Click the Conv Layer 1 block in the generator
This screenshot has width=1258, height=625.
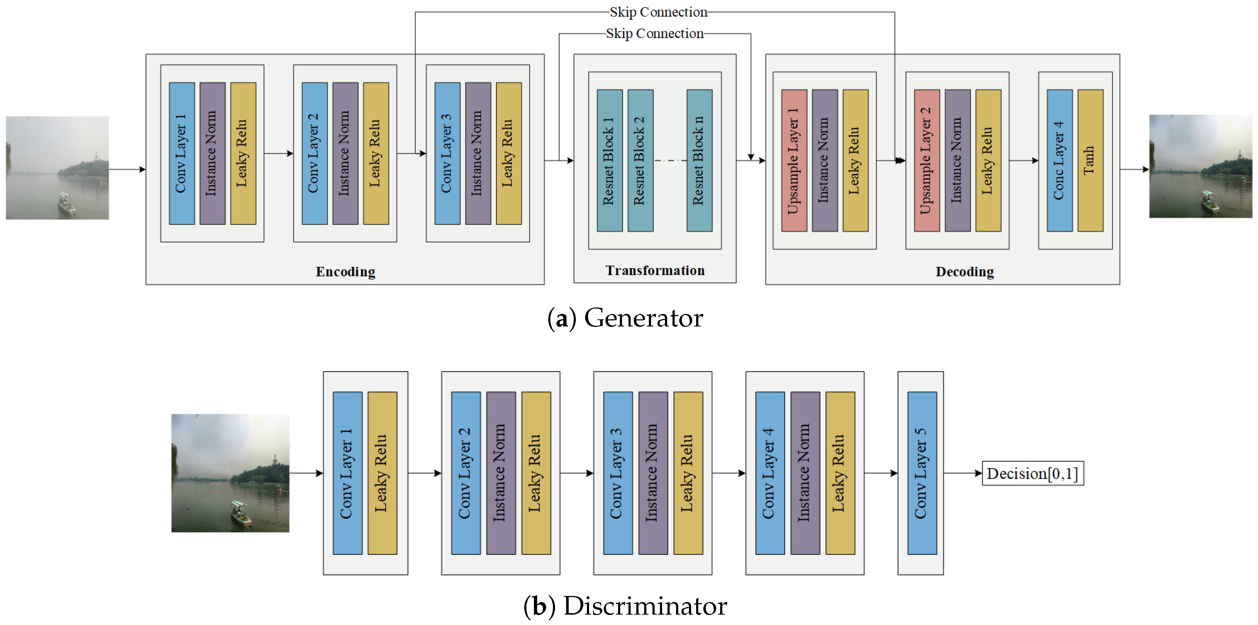coord(182,153)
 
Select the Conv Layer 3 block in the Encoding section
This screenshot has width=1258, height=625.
coord(447,153)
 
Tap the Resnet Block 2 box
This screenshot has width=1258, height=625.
coord(640,160)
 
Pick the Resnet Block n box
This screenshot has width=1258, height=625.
coord(699,160)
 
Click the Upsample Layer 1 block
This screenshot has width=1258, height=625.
coord(794,160)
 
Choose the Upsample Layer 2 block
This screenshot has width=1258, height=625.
coord(927,160)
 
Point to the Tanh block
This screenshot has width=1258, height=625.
coord(1090,160)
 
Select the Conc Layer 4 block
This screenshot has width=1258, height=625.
coord(1059,160)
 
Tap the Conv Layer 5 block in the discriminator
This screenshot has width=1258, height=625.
coord(921,473)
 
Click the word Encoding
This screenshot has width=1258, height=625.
coord(345,272)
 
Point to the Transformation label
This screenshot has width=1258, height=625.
coord(655,271)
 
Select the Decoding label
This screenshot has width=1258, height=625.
coord(964,272)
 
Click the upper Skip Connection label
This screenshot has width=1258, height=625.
coord(658,12)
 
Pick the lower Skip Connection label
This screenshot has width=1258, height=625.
coord(655,33)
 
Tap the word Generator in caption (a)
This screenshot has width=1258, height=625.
coord(643,318)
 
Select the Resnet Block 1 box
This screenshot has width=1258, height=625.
coord(609,160)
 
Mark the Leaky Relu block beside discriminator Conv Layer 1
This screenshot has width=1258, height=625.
coord(382,473)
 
